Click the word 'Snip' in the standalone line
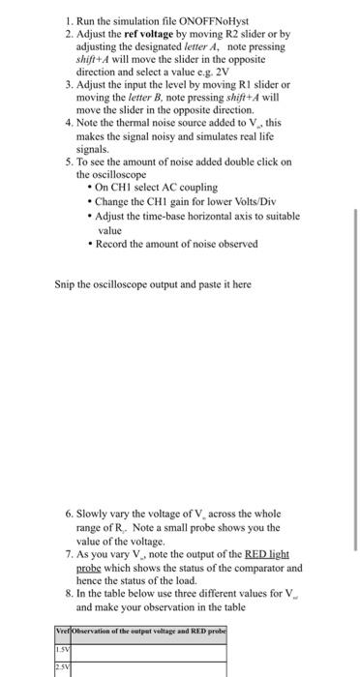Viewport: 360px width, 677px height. [65, 285]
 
